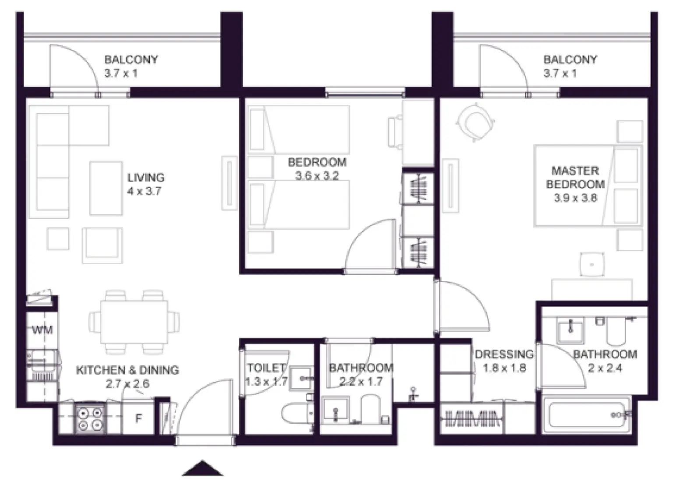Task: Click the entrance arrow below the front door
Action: (x=202, y=469)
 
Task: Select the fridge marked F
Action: (x=138, y=419)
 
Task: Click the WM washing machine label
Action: (x=42, y=330)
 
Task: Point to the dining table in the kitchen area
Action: (x=134, y=322)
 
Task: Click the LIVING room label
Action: (x=146, y=177)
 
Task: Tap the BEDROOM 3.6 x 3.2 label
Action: (x=317, y=169)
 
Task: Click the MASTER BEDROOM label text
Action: (x=575, y=177)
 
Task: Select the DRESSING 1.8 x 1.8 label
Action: (x=504, y=361)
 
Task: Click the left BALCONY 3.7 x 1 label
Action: (x=131, y=66)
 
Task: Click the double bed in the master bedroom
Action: (x=587, y=186)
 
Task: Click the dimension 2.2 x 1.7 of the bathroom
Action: (x=361, y=382)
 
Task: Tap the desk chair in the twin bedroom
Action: (x=395, y=131)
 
